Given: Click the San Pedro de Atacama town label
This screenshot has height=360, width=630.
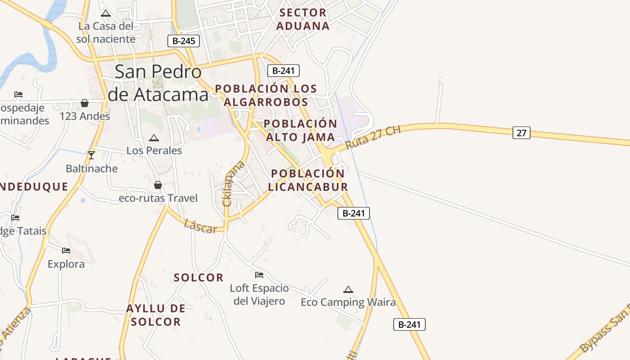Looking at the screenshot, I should (x=157, y=83).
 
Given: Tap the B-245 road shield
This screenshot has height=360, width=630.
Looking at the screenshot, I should (x=184, y=41).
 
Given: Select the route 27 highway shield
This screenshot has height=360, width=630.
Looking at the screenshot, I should (x=521, y=133).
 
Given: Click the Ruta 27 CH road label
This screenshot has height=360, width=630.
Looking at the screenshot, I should (x=373, y=138).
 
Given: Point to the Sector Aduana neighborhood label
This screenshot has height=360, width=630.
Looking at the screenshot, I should (x=303, y=19).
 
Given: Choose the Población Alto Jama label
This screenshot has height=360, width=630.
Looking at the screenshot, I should (x=300, y=130).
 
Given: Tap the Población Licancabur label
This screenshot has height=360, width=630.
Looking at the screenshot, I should (x=308, y=180).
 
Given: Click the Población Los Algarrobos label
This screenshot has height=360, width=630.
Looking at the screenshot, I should (x=266, y=95).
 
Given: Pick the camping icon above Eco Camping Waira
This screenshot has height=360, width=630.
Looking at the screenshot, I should (x=348, y=289).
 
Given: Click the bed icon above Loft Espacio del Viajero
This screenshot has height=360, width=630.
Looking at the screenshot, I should (x=259, y=274).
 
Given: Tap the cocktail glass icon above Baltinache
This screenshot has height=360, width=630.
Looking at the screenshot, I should (x=91, y=155).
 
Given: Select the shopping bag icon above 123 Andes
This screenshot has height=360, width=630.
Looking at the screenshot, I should (x=85, y=103).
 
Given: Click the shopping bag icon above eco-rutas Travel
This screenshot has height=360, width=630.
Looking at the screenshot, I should (x=158, y=185).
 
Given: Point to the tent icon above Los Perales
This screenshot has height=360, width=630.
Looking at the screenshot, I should (x=154, y=138).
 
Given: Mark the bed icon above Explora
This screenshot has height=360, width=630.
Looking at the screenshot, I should (x=66, y=250).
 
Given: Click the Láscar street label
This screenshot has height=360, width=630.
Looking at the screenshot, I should (x=200, y=226).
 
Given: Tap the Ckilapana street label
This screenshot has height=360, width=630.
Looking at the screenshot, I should (x=233, y=184).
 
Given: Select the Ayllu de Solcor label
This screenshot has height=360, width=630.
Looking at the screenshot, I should (x=155, y=315).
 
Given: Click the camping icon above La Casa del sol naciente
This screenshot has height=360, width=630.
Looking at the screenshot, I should (x=106, y=13).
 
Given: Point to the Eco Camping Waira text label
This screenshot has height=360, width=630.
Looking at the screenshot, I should (x=348, y=302).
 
